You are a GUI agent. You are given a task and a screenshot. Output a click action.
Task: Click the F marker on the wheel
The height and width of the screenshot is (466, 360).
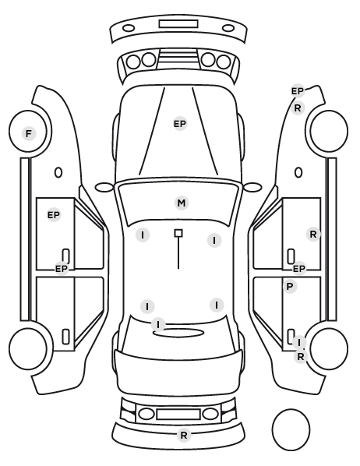coord(29,134)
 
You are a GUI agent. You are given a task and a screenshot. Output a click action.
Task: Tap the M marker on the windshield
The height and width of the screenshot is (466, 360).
coord(182,203)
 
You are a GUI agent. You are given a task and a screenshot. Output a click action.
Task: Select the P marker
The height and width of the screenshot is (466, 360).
coord(290,287)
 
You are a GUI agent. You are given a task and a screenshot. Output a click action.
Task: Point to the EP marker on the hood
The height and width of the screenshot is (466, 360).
coord(180,124)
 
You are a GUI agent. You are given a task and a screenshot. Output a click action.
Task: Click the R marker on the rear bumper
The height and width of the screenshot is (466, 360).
coord(184,436)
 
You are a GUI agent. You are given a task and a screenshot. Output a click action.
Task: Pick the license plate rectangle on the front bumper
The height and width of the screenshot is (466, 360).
coord(178,24)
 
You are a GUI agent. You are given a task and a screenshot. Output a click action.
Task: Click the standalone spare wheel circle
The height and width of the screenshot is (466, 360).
coord(291,429)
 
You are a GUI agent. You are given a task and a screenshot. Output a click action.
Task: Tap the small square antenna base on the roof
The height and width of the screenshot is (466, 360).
coord(178,233)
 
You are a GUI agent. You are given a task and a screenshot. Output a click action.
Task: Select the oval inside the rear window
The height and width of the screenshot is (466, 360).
coord(178,334)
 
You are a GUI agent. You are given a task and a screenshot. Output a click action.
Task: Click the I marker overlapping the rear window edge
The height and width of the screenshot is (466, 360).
coord(158,324)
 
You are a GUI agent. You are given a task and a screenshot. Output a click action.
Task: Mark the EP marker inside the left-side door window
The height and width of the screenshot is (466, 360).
coord(54,214)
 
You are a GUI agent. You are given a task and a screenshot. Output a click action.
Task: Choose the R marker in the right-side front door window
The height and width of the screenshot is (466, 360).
coord(313,235)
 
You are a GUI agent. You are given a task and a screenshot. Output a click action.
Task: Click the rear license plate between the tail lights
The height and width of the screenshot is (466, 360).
coord(178,415)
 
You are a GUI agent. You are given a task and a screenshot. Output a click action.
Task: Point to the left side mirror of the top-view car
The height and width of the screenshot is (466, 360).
coord(104,188)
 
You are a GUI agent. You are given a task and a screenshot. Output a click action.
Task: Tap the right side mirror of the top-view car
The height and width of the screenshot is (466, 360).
coord(252,188)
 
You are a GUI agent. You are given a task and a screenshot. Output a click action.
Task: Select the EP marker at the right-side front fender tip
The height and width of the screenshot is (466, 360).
coord(298,91)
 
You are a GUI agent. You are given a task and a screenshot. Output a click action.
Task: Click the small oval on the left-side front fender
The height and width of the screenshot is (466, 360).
coord(58,172)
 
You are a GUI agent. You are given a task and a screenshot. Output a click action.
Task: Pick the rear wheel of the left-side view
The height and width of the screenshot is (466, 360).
coord(28,348)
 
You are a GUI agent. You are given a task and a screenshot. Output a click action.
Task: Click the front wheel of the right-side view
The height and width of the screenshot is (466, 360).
coord(329,131)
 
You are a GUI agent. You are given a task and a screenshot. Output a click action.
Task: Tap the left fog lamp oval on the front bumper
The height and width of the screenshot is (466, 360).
coord(129,29)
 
